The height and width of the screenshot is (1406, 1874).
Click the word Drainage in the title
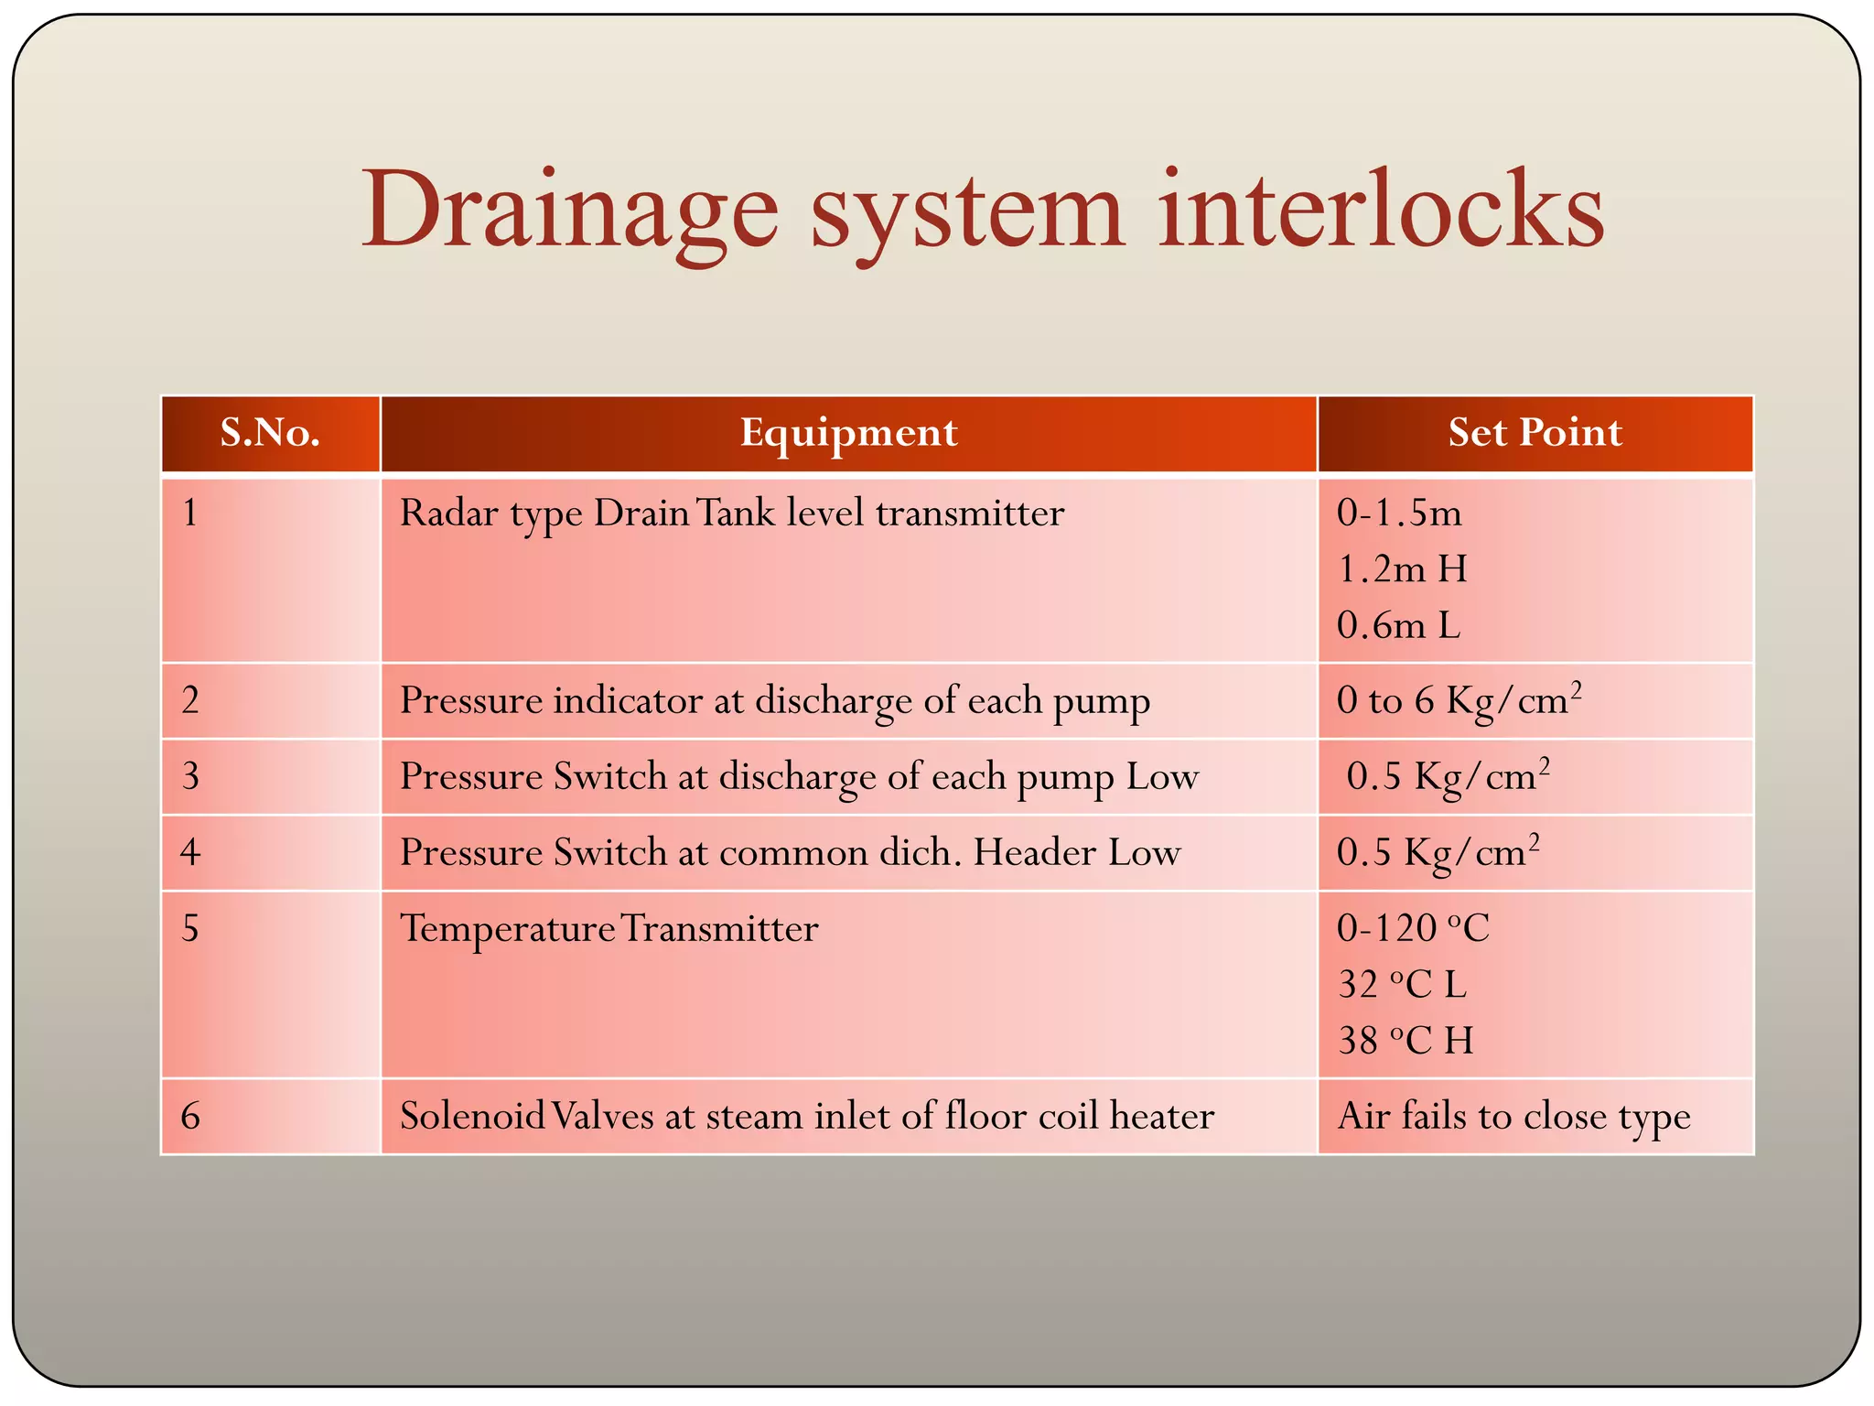[x=569, y=212]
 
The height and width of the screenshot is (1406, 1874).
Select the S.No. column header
[x=270, y=432]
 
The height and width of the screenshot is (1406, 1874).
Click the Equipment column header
[x=848, y=432]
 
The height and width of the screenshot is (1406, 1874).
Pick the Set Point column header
[x=1535, y=432]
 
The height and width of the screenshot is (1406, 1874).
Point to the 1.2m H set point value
[x=1402, y=569]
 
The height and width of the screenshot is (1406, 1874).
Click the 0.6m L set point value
[x=1398, y=626]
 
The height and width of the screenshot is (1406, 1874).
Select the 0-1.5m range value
[x=1398, y=513]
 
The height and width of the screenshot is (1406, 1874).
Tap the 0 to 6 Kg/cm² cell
[x=1459, y=701]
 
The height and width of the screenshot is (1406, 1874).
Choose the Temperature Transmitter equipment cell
[x=609, y=929]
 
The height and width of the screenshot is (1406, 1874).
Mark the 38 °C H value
[x=1405, y=1041]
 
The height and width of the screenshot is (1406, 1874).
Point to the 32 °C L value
[x=1402, y=985]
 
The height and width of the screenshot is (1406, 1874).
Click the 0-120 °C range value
[x=1413, y=929]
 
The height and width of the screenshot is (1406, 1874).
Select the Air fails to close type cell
[x=1513, y=1117]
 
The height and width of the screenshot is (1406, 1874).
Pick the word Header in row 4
[x=1034, y=853]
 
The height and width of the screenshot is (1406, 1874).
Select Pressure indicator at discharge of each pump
[x=774, y=701]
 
